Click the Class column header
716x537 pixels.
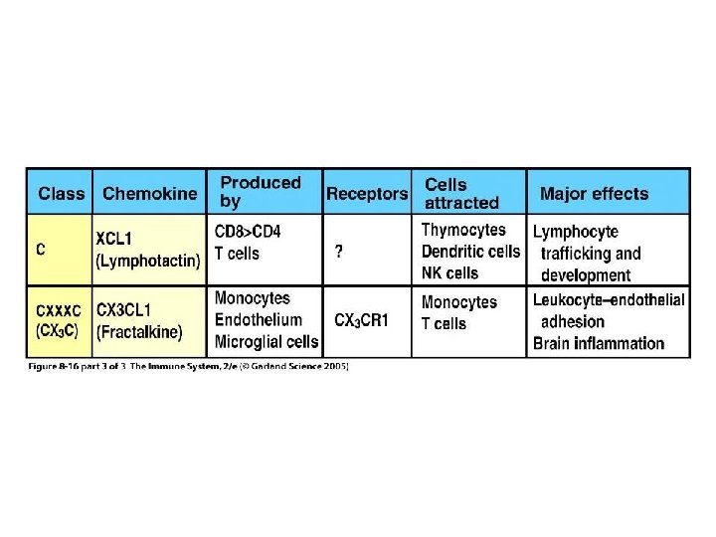coord(61,193)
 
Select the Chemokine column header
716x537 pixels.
coord(150,193)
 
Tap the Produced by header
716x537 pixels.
coord(260,192)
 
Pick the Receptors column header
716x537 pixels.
coord(367,193)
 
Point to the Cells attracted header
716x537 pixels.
coord(461,193)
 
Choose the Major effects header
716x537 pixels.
coord(594,193)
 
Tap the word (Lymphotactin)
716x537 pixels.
coord(148,261)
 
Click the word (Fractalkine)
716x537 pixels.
coord(140,331)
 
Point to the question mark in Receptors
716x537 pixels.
coord(339,253)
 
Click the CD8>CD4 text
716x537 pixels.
coord(248,232)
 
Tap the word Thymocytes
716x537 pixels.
coord(463,230)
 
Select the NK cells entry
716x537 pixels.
coord(449,272)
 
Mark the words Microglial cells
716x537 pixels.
coord(267,341)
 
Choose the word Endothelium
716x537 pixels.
coord(258,319)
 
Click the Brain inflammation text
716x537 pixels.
coord(599,343)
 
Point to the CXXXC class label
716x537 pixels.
coord(59,310)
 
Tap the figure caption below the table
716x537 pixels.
coord(189,367)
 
